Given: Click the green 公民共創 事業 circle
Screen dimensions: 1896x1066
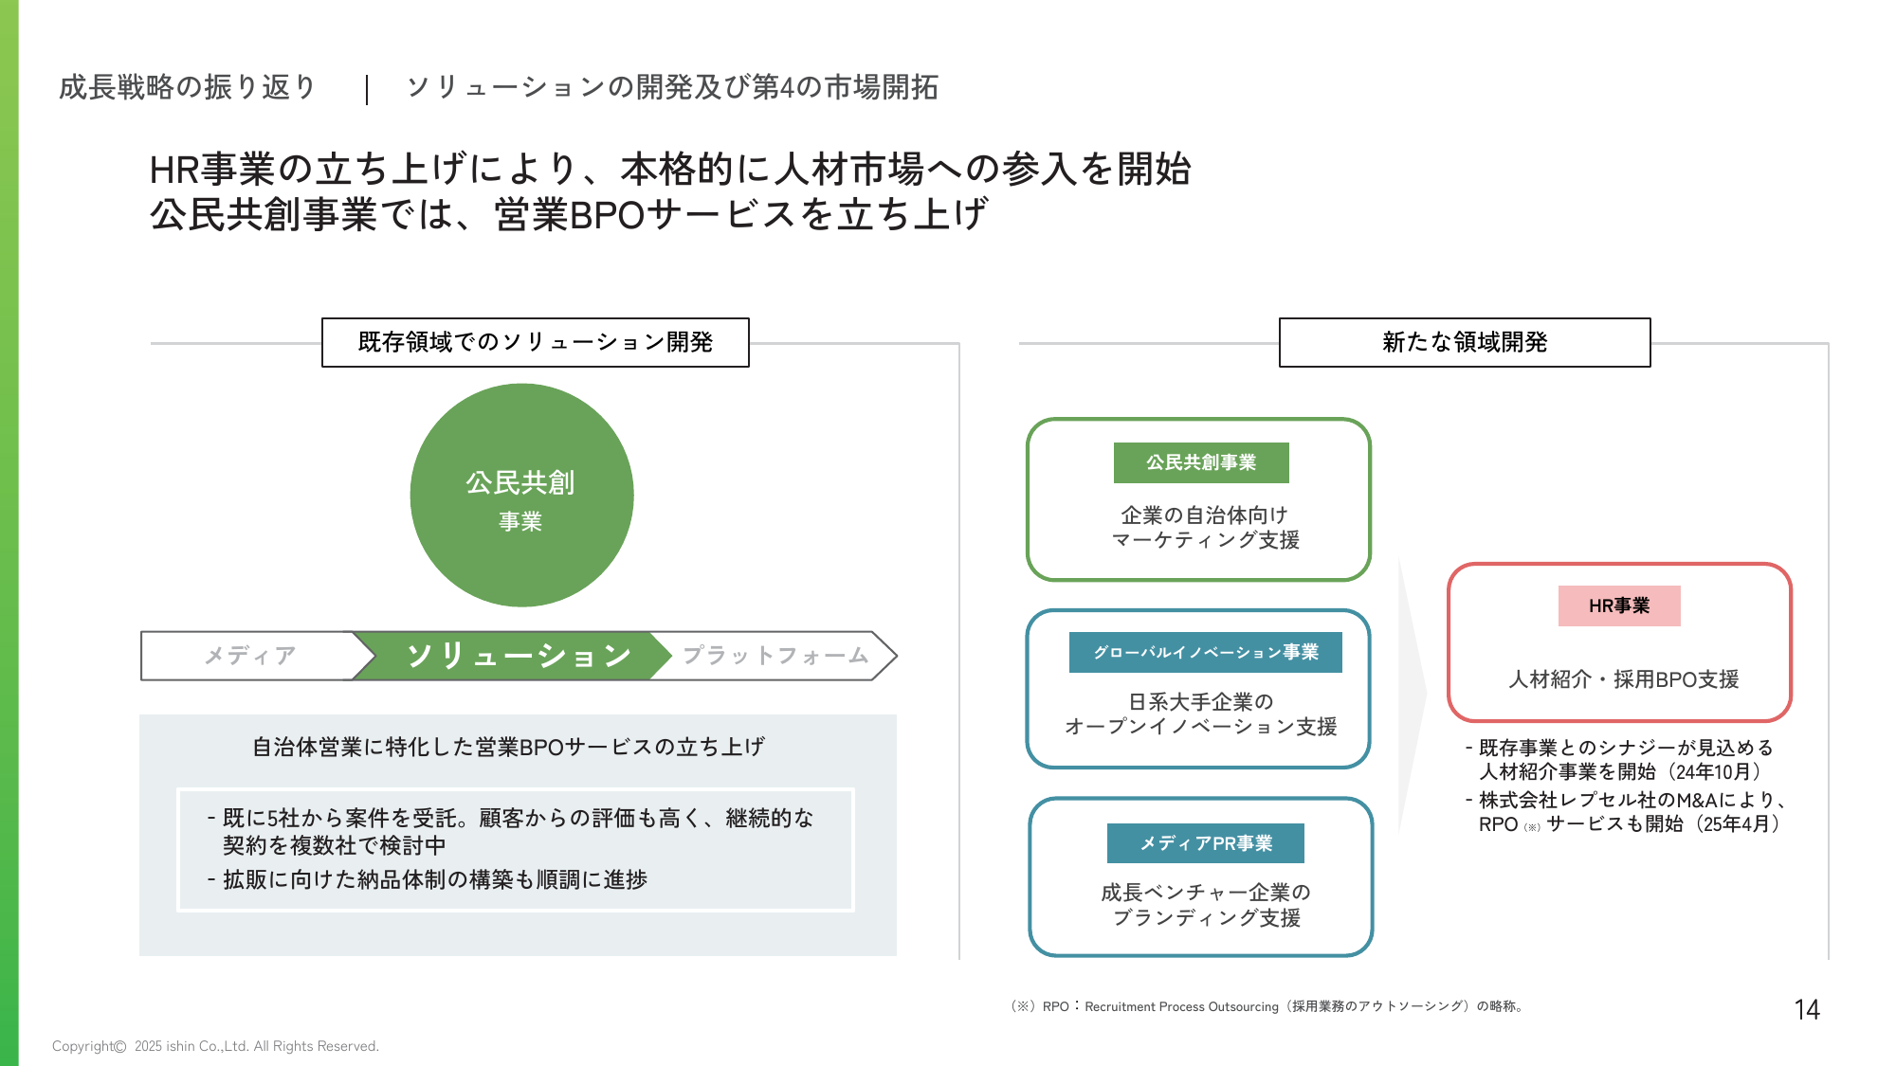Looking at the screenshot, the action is pyautogui.click(x=521, y=495).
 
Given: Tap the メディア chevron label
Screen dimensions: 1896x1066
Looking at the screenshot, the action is pyautogui.click(x=250, y=656).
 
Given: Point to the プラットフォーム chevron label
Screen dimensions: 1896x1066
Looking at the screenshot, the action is pyautogui.click(x=775, y=656).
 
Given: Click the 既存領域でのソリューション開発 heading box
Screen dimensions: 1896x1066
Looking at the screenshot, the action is pyautogui.click(x=536, y=342).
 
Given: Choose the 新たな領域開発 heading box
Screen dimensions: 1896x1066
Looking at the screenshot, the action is pyautogui.click(x=1465, y=342).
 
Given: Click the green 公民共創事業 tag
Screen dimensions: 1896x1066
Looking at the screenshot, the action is pyautogui.click(x=1201, y=462).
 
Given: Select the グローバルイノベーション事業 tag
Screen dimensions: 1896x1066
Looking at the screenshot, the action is pyautogui.click(x=1206, y=652).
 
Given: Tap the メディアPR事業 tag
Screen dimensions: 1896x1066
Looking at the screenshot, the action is pyautogui.click(x=1206, y=843).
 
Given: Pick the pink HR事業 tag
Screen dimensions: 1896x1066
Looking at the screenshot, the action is pyautogui.click(x=1619, y=605).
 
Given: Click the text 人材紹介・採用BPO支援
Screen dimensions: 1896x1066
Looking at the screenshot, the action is pyautogui.click(x=1624, y=679).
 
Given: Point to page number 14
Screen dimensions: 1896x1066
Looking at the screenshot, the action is pyautogui.click(x=1807, y=1010).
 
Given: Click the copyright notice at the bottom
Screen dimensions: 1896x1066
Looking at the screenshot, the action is pyautogui.click(x=215, y=1046).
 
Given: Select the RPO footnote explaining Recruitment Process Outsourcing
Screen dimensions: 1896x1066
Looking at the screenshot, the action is pyautogui.click(x=1267, y=1006).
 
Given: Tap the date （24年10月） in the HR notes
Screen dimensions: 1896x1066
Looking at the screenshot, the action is pyautogui.click(x=1709, y=772).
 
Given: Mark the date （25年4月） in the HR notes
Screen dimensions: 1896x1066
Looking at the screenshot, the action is pyautogui.click(x=1733, y=824).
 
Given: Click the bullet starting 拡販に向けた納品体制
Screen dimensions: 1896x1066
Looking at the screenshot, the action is pyautogui.click(x=428, y=879).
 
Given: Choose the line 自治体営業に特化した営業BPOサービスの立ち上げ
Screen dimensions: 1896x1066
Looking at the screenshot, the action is pyautogui.click(x=509, y=747).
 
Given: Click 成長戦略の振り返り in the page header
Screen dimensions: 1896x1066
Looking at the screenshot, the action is pyautogui.click(x=188, y=87).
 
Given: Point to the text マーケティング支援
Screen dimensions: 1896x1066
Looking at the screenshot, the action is pyautogui.click(x=1206, y=540).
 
